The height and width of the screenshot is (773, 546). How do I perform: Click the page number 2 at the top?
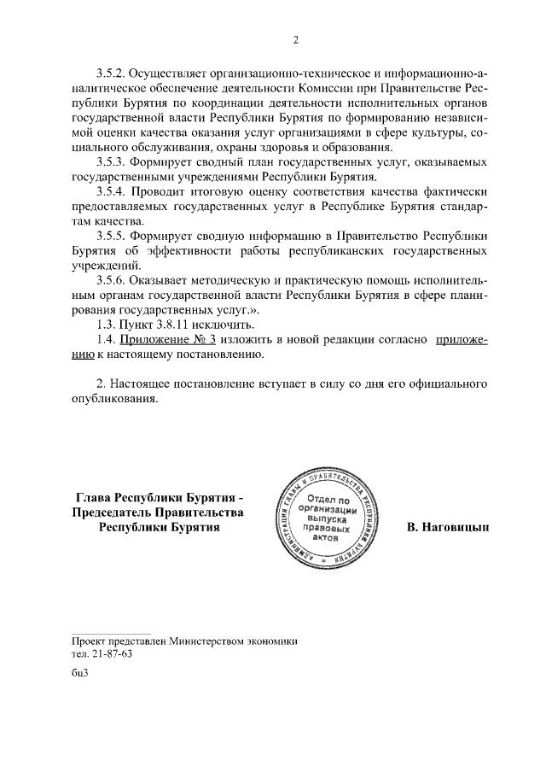click(297, 39)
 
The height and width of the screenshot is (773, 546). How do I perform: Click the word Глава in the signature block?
click(94, 497)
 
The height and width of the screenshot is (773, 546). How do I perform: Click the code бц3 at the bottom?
click(81, 672)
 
